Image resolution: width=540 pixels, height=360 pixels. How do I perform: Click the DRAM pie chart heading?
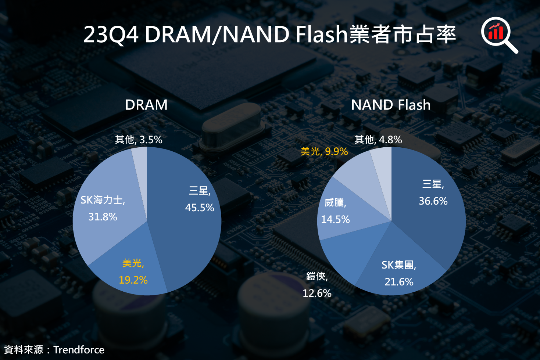[x=146, y=105]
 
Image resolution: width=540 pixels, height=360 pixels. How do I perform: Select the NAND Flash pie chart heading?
[x=390, y=105]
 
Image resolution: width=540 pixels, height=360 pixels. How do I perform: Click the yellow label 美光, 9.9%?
[x=324, y=151]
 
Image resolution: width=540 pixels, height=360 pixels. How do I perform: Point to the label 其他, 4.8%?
[x=378, y=140]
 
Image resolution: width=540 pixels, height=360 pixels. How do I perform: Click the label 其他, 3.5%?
[x=138, y=140]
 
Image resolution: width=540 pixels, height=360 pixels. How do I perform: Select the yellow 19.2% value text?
[x=133, y=280]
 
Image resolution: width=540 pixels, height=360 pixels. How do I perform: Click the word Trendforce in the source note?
[x=79, y=350]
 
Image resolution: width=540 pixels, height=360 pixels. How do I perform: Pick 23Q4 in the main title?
[x=111, y=35]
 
